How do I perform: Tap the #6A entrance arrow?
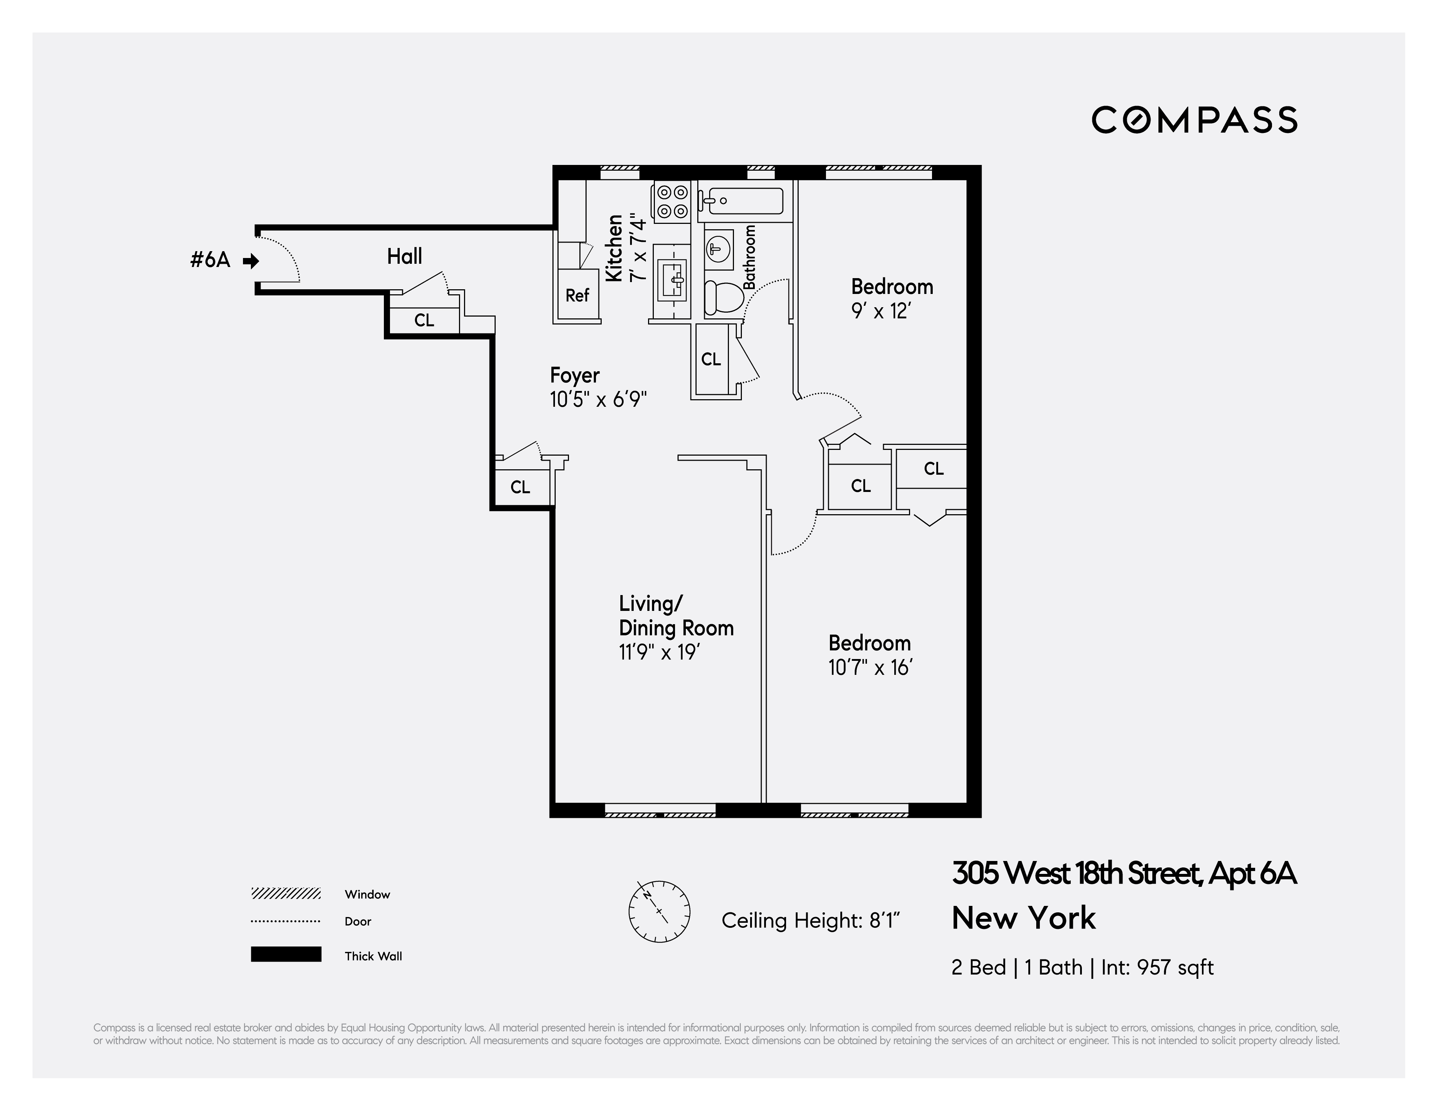(x=251, y=261)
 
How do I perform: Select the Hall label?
(x=404, y=257)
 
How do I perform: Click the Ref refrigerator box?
(x=577, y=295)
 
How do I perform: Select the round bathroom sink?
(x=718, y=249)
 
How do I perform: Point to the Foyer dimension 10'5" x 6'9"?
(x=598, y=399)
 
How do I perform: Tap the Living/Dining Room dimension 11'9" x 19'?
(x=658, y=653)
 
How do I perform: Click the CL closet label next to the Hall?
(x=424, y=321)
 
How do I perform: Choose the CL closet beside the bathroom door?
(x=711, y=359)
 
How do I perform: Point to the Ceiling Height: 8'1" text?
(x=810, y=921)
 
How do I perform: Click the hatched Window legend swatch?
(x=285, y=894)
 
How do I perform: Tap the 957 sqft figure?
(x=1175, y=967)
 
